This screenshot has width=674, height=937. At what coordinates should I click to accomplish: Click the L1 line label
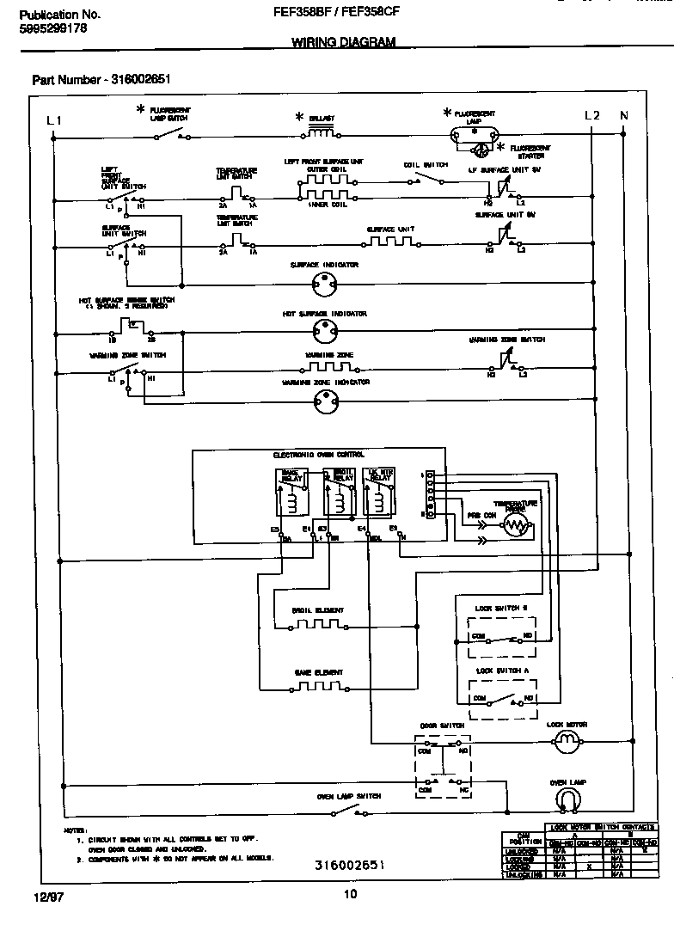pyautogui.click(x=53, y=120)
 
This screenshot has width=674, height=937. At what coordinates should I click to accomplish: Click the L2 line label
pyautogui.click(x=591, y=115)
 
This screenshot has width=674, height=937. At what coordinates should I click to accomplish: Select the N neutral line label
pyautogui.click(x=624, y=115)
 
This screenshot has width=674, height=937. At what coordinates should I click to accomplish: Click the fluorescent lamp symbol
pyautogui.click(x=473, y=135)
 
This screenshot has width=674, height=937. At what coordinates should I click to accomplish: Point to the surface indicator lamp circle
pyautogui.click(x=324, y=281)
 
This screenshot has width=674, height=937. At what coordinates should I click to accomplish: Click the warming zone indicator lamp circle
pyautogui.click(x=324, y=397)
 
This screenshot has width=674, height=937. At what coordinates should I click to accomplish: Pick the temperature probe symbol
pyautogui.click(x=515, y=526)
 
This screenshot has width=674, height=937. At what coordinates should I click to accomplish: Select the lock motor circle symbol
pyautogui.click(x=567, y=740)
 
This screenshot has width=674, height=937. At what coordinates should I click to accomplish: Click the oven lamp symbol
pyautogui.click(x=567, y=800)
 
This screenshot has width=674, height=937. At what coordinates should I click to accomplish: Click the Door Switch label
pyautogui.click(x=442, y=726)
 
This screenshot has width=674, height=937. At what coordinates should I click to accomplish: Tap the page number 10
pyautogui.click(x=350, y=895)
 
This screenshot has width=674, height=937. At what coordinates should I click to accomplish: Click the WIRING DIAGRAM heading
pyautogui.click(x=344, y=42)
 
